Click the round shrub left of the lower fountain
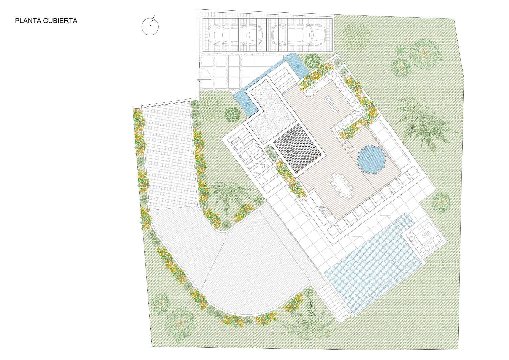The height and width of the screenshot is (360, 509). tap(232, 114)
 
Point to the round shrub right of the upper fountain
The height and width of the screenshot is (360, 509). tap(312, 61)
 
